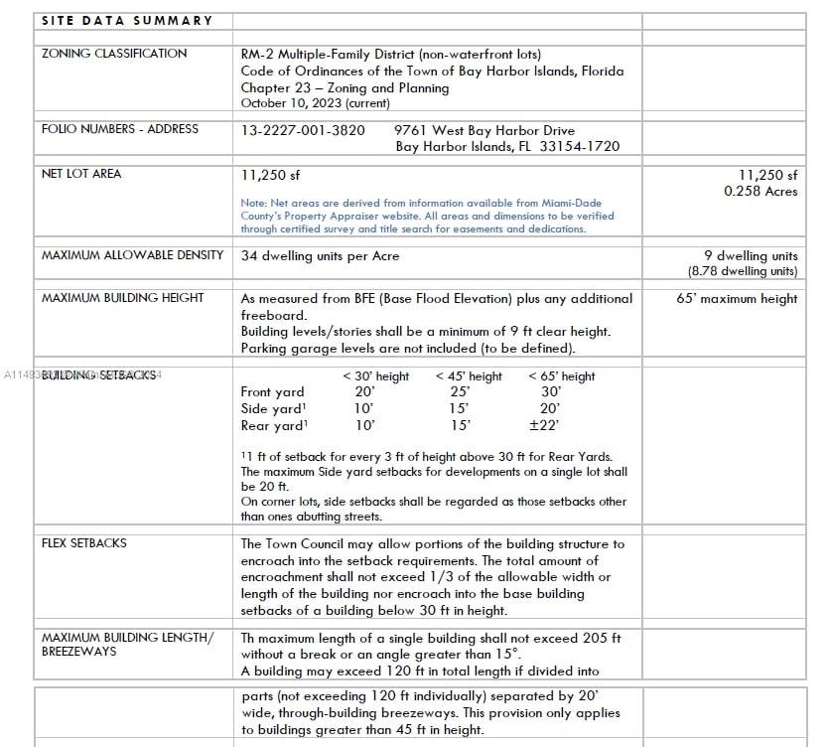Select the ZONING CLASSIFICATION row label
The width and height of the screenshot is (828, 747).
113,54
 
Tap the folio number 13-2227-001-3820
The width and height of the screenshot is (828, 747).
303,130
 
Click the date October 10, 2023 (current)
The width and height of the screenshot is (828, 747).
315,103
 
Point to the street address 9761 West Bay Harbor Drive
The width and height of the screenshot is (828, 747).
483,130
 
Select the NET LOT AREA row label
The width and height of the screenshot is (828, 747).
81,174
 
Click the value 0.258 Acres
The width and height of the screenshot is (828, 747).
760,191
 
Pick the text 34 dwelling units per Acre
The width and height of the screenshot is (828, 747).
320,255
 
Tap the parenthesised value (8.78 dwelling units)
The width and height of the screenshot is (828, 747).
743,271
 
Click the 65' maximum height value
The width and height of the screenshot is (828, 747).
737,298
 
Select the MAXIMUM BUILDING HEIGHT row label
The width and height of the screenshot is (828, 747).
122,298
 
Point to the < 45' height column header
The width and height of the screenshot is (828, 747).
469,376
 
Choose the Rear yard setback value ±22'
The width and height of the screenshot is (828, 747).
544,425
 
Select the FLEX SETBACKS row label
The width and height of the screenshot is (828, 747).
84,543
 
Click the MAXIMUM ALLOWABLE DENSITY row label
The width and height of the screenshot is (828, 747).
132,255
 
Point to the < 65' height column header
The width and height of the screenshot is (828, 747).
561,376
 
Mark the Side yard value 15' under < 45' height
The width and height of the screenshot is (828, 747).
460,408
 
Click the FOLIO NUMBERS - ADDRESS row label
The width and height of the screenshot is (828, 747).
119,129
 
